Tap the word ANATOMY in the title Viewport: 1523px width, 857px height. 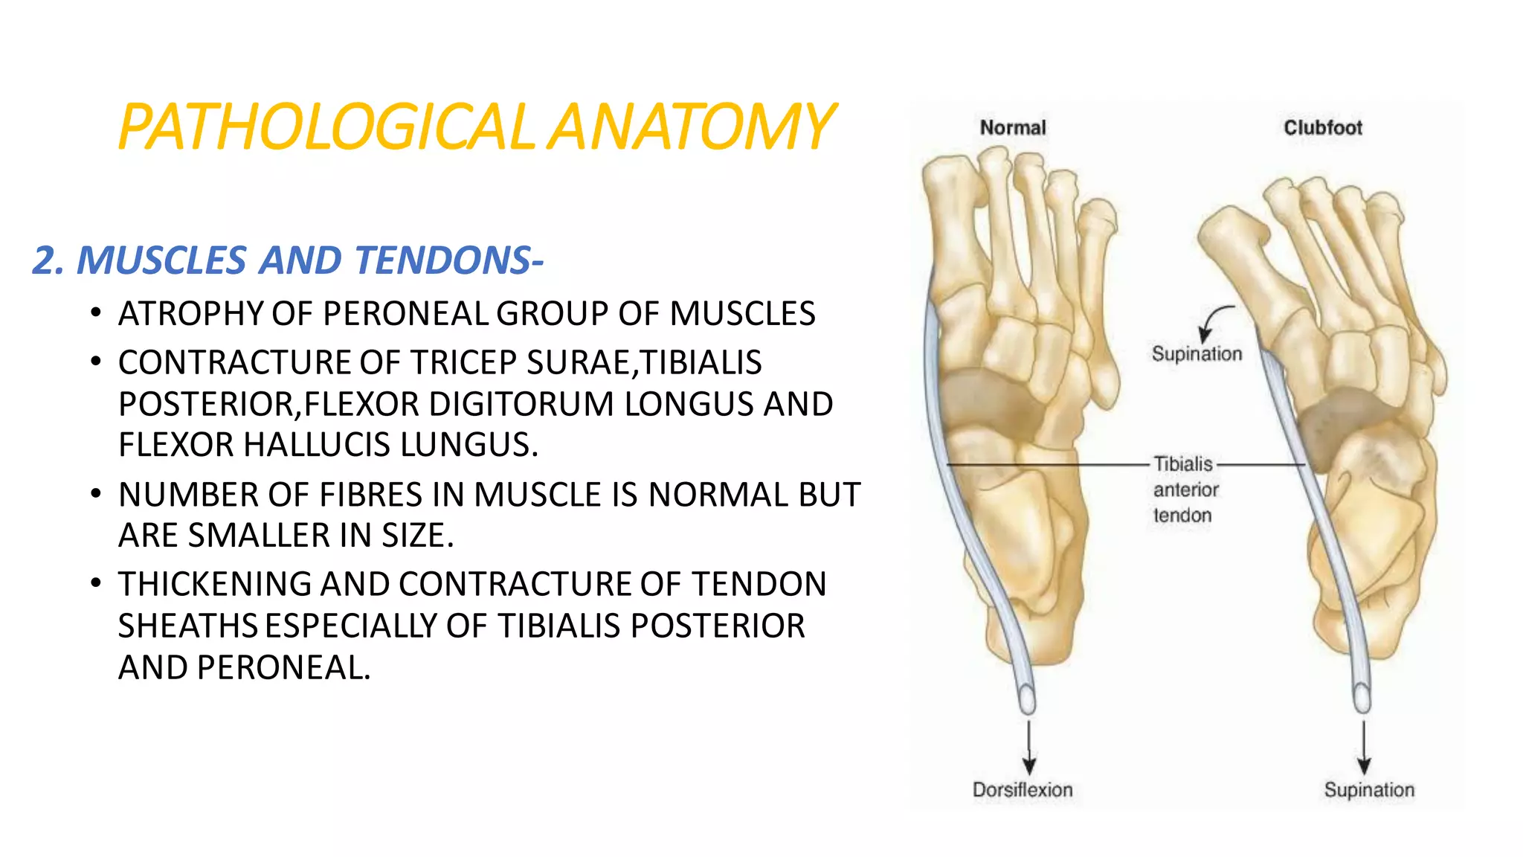(692, 127)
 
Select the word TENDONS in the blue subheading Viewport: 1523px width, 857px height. (442, 260)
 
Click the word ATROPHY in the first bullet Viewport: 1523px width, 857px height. (191, 314)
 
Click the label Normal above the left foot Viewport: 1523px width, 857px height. (1012, 128)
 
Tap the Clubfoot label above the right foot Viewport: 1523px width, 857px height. (1323, 128)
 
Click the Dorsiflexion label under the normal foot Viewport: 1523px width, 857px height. (1023, 790)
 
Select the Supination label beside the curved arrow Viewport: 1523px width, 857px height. (1197, 354)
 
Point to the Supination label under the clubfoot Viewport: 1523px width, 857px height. (1369, 790)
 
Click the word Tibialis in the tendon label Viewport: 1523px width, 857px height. (1183, 464)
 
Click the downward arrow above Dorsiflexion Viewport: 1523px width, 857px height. (1029, 747)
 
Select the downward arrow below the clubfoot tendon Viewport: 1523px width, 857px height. (1364, 747)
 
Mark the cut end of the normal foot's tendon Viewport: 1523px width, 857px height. (1027, 700)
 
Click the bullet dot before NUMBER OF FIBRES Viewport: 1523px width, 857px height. (95, 494)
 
